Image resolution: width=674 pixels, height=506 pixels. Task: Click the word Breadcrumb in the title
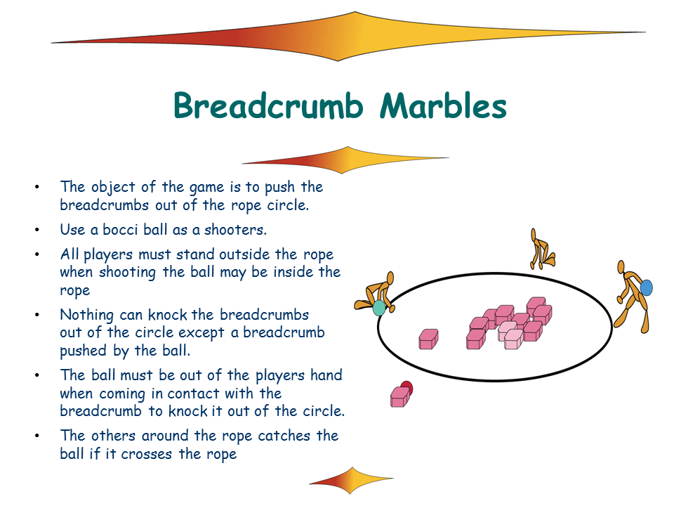click(x=268, y=105)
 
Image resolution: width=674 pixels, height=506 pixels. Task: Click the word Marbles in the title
click(x=443, y=105)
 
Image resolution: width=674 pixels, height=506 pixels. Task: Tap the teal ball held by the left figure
click(x=378, y=308)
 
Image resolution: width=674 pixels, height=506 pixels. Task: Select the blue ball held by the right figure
click(x=646, y=288)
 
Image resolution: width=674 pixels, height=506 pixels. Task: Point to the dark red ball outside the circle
click(x=407, y=388)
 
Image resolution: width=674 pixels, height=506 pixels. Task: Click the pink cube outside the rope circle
click(x=399, y=396)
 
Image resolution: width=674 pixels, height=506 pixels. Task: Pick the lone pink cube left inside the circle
click(x=428, y=339)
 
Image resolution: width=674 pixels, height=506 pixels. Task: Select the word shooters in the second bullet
click(x=235, y=230)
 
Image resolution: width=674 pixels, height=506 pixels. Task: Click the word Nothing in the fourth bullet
click(x=87, y=316)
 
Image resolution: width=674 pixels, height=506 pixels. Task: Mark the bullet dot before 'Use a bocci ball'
click(x=37, y=231)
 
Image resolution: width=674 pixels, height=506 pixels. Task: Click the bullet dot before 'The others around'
click(x=37, y=436)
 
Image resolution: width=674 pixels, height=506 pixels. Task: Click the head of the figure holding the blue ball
click(x=621, y=267)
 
